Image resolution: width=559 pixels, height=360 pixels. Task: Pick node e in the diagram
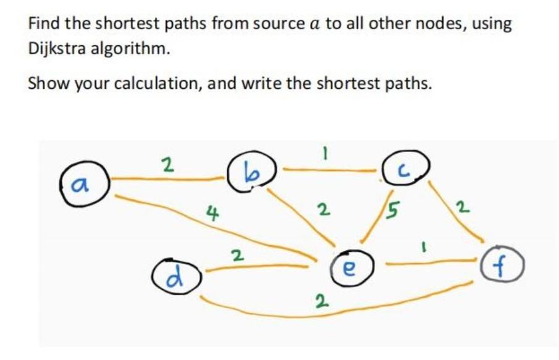(348, 267)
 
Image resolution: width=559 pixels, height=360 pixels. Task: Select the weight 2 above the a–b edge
(165, 165)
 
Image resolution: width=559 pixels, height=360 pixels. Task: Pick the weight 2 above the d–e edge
(236, 254)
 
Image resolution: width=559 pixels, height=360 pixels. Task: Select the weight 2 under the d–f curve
(320, 302)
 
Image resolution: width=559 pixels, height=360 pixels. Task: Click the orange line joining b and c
(327, 168)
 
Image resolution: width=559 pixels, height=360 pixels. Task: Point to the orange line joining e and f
(432, 264)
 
